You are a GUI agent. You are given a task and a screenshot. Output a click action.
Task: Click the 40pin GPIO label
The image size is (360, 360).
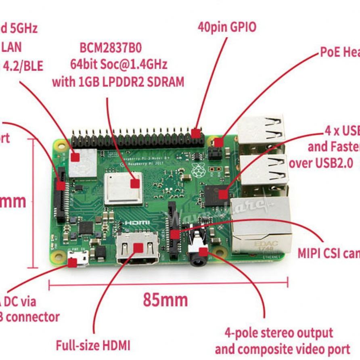click(227, 27)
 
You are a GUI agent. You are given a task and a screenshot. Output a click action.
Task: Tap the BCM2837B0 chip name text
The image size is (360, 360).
click(111, 48)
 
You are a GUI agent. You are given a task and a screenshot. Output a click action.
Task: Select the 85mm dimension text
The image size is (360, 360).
click(165, 300)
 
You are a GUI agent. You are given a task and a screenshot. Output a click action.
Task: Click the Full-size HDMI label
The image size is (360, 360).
click(93, 345)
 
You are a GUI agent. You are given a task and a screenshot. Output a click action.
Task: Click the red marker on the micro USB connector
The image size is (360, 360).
click(73, 263)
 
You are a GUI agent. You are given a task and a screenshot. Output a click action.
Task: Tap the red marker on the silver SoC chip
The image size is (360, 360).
click(135, 184)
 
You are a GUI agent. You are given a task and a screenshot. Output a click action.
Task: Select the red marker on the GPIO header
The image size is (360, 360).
click(196, 133)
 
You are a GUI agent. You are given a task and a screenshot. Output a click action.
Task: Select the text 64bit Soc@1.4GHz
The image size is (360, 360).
click(119, 64)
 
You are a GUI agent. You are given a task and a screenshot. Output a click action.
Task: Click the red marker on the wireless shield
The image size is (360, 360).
click(75, 157)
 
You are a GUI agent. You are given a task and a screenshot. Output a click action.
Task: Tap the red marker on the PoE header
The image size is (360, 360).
click(218, 142)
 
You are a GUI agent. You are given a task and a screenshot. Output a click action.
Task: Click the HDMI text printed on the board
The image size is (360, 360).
click(137, 223)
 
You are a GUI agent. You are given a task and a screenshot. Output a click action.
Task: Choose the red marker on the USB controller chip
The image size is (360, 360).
click(223, 195)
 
